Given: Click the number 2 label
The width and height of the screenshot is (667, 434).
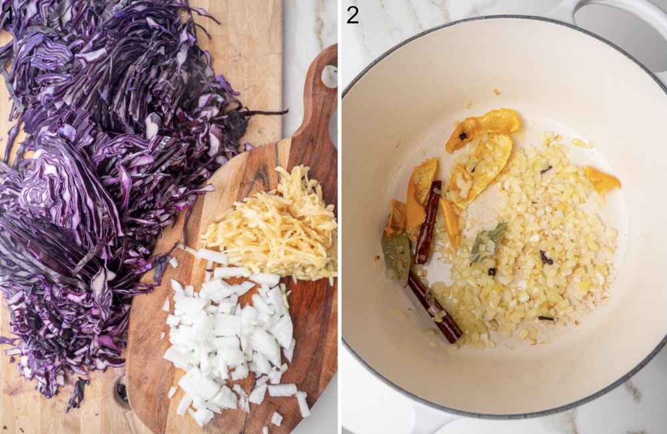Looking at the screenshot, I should click(x=352, y=15).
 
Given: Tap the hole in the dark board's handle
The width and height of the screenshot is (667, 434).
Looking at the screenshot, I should click(x=329, y=76).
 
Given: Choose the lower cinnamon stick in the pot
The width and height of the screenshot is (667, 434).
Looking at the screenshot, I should click(x=434, y=308).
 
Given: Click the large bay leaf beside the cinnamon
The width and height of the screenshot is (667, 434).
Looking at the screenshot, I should click(x=397, y=254).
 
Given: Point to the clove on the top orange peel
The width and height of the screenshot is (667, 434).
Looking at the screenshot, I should click(x=462, y=136).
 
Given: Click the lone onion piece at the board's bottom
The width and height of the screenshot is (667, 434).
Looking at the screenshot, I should click(x=276, y=419).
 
